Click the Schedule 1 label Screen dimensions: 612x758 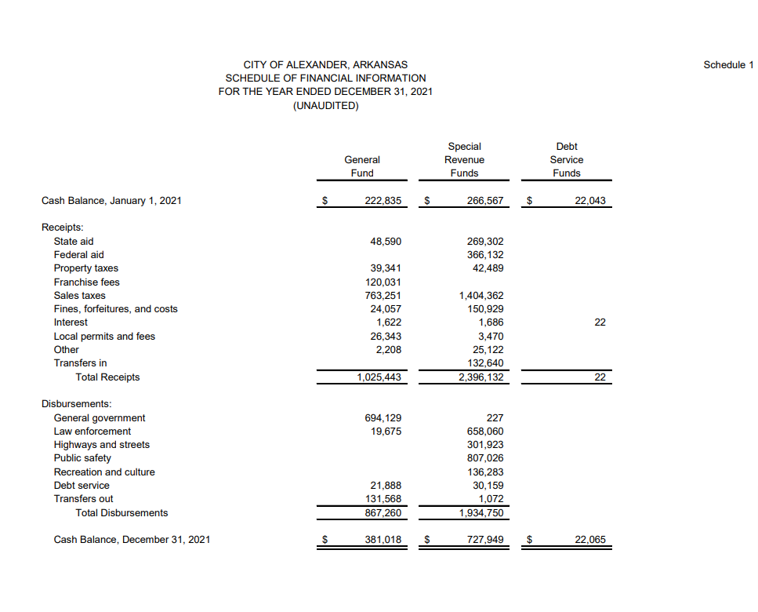pos(727,64)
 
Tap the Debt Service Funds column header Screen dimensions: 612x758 pos(566,159)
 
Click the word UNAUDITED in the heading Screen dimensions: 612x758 pos(325,106)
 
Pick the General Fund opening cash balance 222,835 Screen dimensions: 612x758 pos(383,201)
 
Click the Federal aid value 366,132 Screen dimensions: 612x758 pos(485,254)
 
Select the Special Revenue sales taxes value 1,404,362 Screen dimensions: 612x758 pos(481,296)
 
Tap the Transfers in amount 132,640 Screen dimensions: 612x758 pos(485,362)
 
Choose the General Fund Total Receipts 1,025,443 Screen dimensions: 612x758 pos(379,377)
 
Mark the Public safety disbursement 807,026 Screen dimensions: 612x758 pos(485,458)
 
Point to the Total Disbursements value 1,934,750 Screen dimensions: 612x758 pos(481,513)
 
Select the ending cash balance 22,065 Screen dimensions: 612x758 pos(589,540)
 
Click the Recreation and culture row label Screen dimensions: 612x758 pos(104,472)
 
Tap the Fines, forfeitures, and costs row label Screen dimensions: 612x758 pos(115,309)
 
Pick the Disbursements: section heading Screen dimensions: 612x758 pos(76,403)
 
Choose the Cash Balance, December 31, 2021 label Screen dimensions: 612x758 pos(132,540)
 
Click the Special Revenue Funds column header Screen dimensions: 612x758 pos(465,159)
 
